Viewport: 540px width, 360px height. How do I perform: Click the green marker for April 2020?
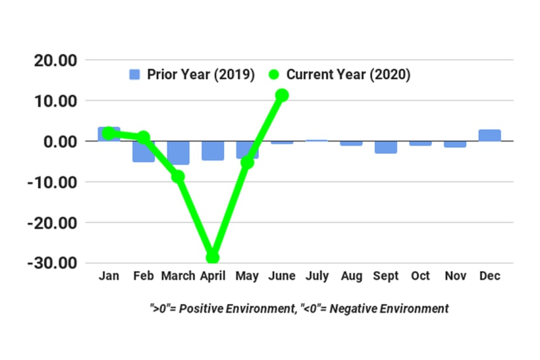click(212, 257)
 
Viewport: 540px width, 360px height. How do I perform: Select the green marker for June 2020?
click(282, 95)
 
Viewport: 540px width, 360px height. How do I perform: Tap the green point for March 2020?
click(178, 176)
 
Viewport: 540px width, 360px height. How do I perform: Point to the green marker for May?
click(247, 162)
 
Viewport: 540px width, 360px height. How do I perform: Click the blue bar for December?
click(490, 136)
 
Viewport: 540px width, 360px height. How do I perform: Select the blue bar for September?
click(386, 147)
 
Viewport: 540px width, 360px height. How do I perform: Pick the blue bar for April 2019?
click(212, 150)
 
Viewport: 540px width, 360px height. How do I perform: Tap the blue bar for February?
click(143, 152)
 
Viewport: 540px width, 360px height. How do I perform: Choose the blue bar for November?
click(455, 144)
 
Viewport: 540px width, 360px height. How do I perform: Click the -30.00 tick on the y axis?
click(52, 263)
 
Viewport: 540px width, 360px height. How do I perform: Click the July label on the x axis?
click(316, 276)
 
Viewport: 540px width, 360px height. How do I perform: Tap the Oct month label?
click(420, 276)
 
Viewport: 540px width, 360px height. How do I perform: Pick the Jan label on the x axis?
click(109, 276)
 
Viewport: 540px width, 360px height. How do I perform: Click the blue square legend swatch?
click(135, 75)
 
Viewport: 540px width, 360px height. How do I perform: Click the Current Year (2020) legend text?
click(348, 75)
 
